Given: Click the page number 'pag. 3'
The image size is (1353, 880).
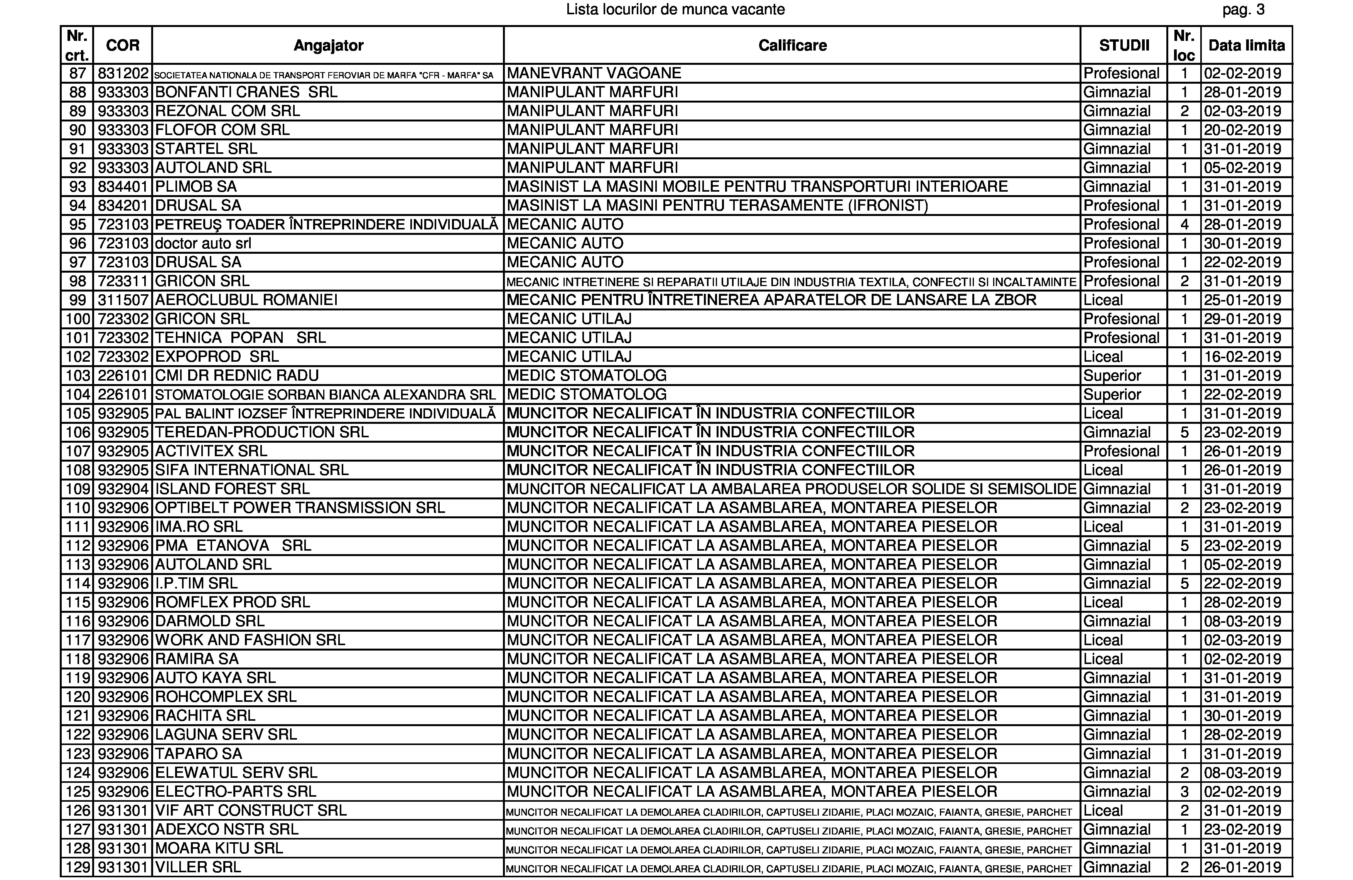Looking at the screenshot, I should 1243,10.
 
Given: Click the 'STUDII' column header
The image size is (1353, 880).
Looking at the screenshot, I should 1124,46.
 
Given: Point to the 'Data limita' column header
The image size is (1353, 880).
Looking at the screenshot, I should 1246,46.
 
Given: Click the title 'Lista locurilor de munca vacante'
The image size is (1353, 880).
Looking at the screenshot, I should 675,10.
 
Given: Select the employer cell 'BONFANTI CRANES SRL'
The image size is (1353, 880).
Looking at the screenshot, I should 246,92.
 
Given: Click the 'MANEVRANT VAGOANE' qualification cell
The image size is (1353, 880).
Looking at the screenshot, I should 594,73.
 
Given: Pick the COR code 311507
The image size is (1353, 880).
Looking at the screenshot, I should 123,300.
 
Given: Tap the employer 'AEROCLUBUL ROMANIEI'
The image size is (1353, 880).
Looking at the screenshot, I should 246,300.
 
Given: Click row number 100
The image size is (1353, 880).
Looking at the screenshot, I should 77,319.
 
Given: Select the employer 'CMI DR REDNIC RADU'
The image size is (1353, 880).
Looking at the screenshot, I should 236,376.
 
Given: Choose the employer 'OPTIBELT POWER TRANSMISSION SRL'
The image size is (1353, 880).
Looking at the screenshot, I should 300,507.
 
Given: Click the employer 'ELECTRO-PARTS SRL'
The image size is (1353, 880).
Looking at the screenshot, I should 235,791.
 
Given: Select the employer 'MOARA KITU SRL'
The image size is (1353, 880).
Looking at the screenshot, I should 219,848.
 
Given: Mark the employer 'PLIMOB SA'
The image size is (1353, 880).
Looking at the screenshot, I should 196,187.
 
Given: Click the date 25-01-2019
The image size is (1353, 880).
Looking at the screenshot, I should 1242,300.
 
